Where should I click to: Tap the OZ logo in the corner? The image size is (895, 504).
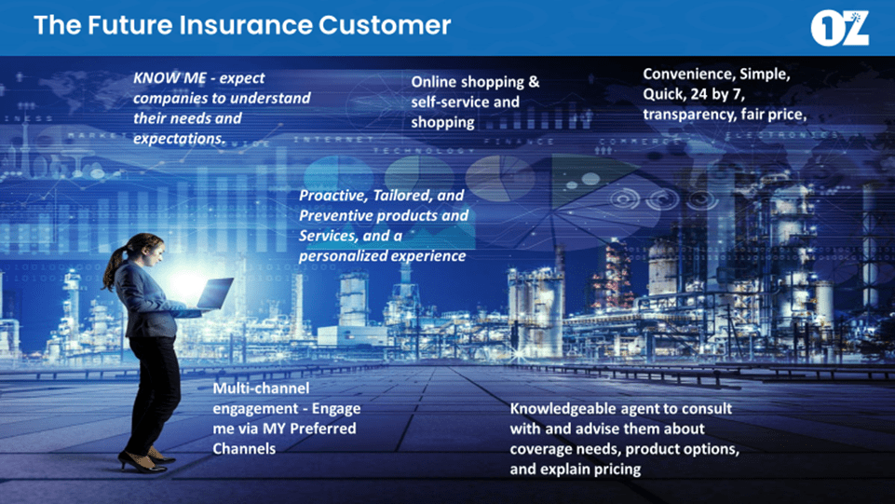click(x=840, y=28)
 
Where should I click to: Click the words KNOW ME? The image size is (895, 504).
click(x=170, y=78)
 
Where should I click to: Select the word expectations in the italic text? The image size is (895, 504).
click(x=179, y=139)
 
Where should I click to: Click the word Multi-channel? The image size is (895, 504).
click(x=261, y=388)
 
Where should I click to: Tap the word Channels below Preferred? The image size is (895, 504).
click(x=244, y=449)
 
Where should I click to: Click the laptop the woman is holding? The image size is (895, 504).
click(x=214, y=293)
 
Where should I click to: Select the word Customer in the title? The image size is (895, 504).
click(x=385, y=25)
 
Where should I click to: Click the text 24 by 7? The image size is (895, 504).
click(x=717, y=94)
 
